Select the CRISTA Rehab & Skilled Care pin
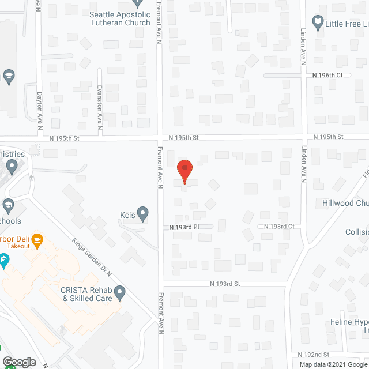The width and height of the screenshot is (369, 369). tap(120, 293)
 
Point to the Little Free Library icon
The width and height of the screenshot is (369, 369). tap(317, 23)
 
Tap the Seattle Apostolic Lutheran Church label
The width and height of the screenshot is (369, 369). tap(120, 18)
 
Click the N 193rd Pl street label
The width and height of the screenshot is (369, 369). tap(184, 227)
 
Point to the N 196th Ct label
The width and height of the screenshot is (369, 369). tap(327, 76)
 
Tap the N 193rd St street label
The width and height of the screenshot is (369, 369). tap(224, 284)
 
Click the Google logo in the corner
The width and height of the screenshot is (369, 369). tap(18, 362)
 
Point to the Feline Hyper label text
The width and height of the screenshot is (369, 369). tap(349, 322)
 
